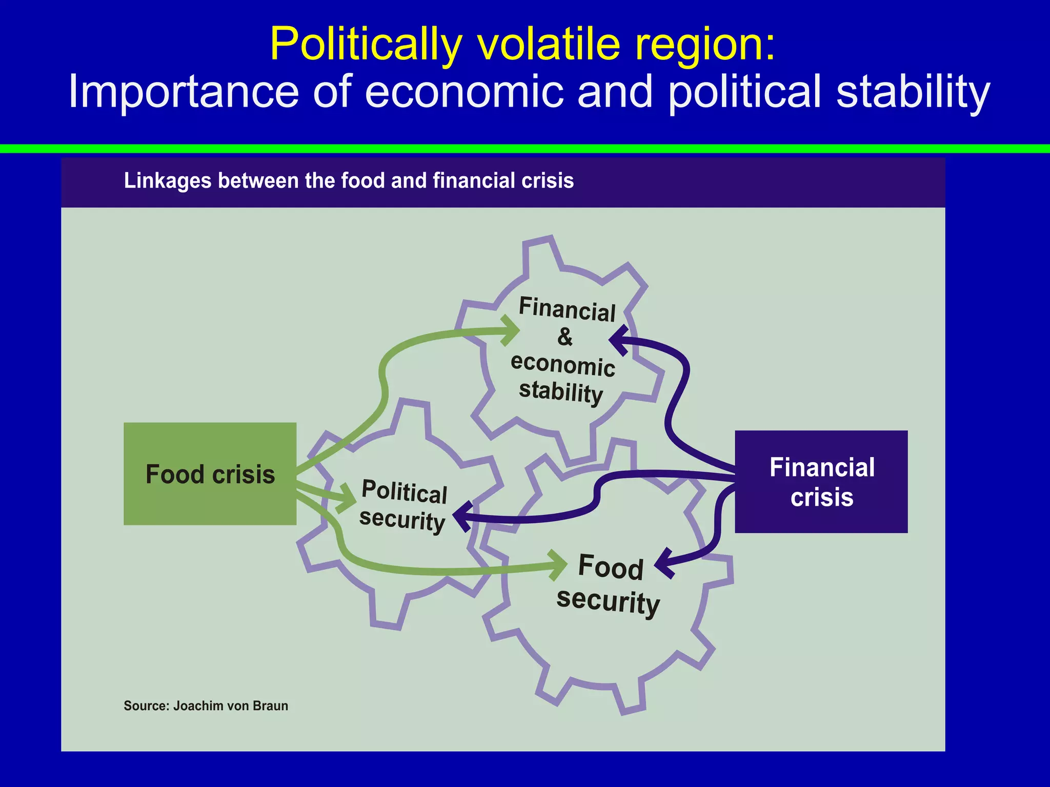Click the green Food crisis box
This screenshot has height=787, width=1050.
tap(210, 473)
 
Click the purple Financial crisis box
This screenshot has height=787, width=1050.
tap(821, 482)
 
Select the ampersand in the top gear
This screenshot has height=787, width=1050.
tap(564, 337)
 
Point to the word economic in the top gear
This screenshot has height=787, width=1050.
tap(563, 364)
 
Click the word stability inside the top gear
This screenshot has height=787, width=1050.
tap(561, 392)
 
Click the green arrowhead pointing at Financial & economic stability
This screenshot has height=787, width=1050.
tap(511, 330)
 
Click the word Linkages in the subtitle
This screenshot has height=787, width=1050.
tap(168, 181)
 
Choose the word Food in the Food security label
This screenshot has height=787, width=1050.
tap(610, 567)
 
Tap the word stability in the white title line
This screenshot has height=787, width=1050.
tap(913, 92)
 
